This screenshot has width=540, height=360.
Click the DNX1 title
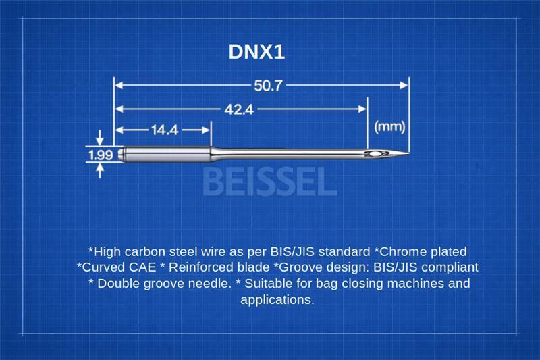click(256, 52)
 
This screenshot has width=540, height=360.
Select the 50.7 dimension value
click(268, 85)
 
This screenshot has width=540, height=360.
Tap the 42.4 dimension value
click(239, 109)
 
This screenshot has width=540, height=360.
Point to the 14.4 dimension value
click(165, 130)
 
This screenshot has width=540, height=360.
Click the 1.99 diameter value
click(101, 155)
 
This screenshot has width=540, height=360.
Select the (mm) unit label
click(389, 126)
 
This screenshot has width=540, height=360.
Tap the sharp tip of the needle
click(409, 153)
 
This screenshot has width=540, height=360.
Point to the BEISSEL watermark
click(269, 181)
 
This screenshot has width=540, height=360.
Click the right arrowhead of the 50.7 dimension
click(404, 85)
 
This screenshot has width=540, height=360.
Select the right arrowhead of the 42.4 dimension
click(362, 109)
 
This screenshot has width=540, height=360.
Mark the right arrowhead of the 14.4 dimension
click(207, 130)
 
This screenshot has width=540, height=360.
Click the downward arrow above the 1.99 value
click(100, 138)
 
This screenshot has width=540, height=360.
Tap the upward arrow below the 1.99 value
click(100, 170)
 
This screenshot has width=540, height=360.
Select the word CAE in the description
click(142, 267)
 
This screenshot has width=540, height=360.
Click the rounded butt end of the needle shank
click(120, 153)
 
